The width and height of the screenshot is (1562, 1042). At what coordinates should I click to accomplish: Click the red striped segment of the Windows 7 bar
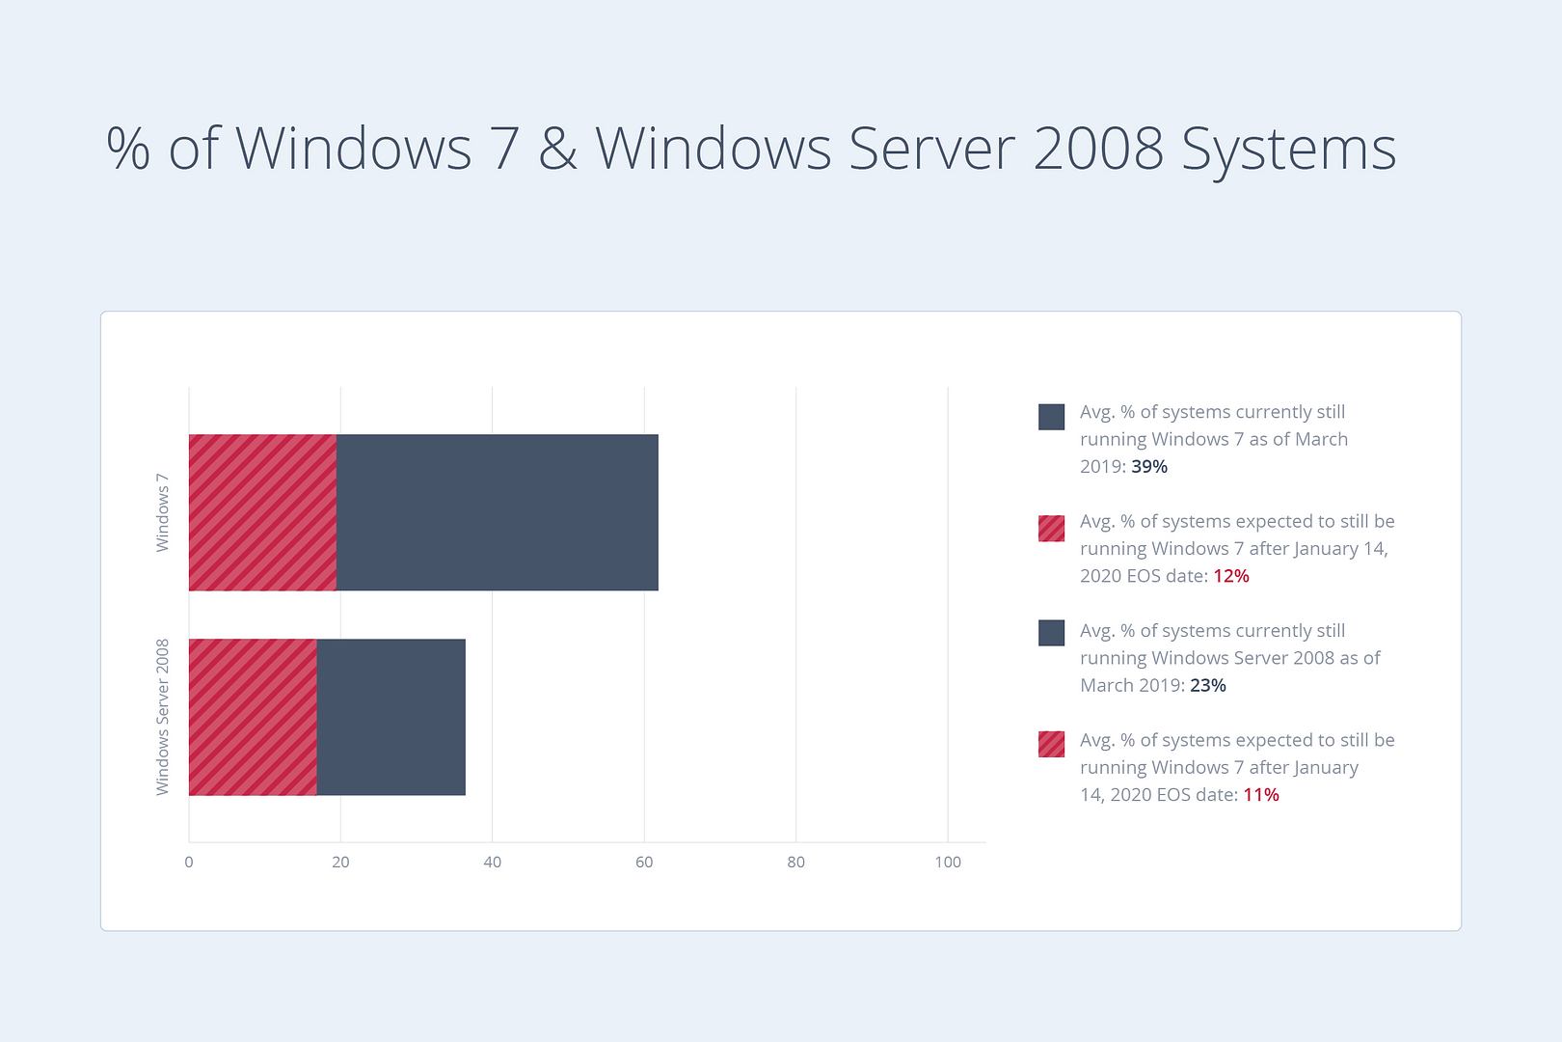(x=262, y=512)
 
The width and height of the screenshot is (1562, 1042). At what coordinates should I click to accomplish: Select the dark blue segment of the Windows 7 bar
(x=497, y=512)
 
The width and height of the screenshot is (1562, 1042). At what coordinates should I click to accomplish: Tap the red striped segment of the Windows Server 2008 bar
(x=253, y=717)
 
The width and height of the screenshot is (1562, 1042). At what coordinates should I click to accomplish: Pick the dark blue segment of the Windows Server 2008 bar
(x=390, y=717)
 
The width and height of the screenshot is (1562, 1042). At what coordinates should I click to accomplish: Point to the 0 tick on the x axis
(x=189, y=863)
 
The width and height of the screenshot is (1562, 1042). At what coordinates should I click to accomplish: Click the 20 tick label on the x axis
(x=340, y=863)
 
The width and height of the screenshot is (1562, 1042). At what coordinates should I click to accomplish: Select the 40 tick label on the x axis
(x=492, y=863)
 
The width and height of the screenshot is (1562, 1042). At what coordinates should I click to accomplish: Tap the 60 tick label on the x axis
(x=644, y=863)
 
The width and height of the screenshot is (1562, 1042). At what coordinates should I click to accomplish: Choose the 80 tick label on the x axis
(x=795, y=863)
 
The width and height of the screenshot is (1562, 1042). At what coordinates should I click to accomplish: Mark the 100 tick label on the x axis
(x=948, y=863)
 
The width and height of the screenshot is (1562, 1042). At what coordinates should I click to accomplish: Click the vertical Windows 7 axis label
(x=163, y=512)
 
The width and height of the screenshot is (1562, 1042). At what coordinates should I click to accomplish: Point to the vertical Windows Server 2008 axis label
(x=163, y=717)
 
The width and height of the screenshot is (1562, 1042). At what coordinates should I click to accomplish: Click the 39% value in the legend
(x=1149, y=467)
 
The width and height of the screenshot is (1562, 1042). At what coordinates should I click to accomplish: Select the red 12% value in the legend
(x=1231, y=576)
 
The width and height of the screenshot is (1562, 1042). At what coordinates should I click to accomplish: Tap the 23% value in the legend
(x=1208, y=686)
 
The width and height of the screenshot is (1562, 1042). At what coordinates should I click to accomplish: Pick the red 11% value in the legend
(x=1261, y=795)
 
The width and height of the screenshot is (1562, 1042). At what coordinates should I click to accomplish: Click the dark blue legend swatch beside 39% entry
(x=1051, y=417)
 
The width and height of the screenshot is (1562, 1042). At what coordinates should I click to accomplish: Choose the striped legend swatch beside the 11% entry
(x=1051, y=744)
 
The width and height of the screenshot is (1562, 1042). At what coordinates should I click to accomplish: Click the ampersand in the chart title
(x=557, y=150)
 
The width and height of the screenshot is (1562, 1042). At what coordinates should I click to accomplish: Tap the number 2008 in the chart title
(x=1097, y=150)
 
